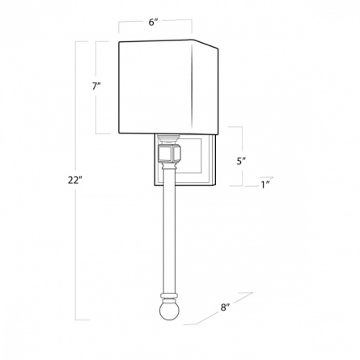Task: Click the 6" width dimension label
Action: (153, 22)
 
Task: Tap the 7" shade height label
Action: (96, 87)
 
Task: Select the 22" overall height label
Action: (74, 180)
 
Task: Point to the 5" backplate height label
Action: (241, 161)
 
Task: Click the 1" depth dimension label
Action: (265, 184)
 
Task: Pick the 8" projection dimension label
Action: (225, 307)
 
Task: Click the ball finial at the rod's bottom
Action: (169, 311)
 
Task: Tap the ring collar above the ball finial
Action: (169, 296)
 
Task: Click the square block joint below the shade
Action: (170, 154)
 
